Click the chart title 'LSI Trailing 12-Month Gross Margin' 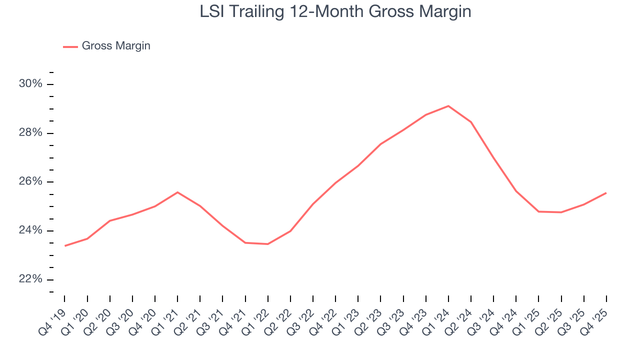click(x=335, y=11)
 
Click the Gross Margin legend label click(x=115, y=46)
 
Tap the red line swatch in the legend click(x=70, y=46)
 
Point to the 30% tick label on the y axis click(x=30, y=84)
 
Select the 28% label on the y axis click(x=30, y=133)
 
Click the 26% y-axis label click(x=30, y=181)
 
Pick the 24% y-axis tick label click(x=30, y=230)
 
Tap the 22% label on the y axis click(x=30, y=279)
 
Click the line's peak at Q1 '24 click(x=448, y=106)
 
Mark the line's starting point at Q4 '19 click(x=65, y=245)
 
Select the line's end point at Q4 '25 click(x=606, y=193)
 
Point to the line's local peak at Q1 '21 click(x=177, y=192)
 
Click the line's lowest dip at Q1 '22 click(x=268, y=244)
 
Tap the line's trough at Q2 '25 click(x=561, y=212)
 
